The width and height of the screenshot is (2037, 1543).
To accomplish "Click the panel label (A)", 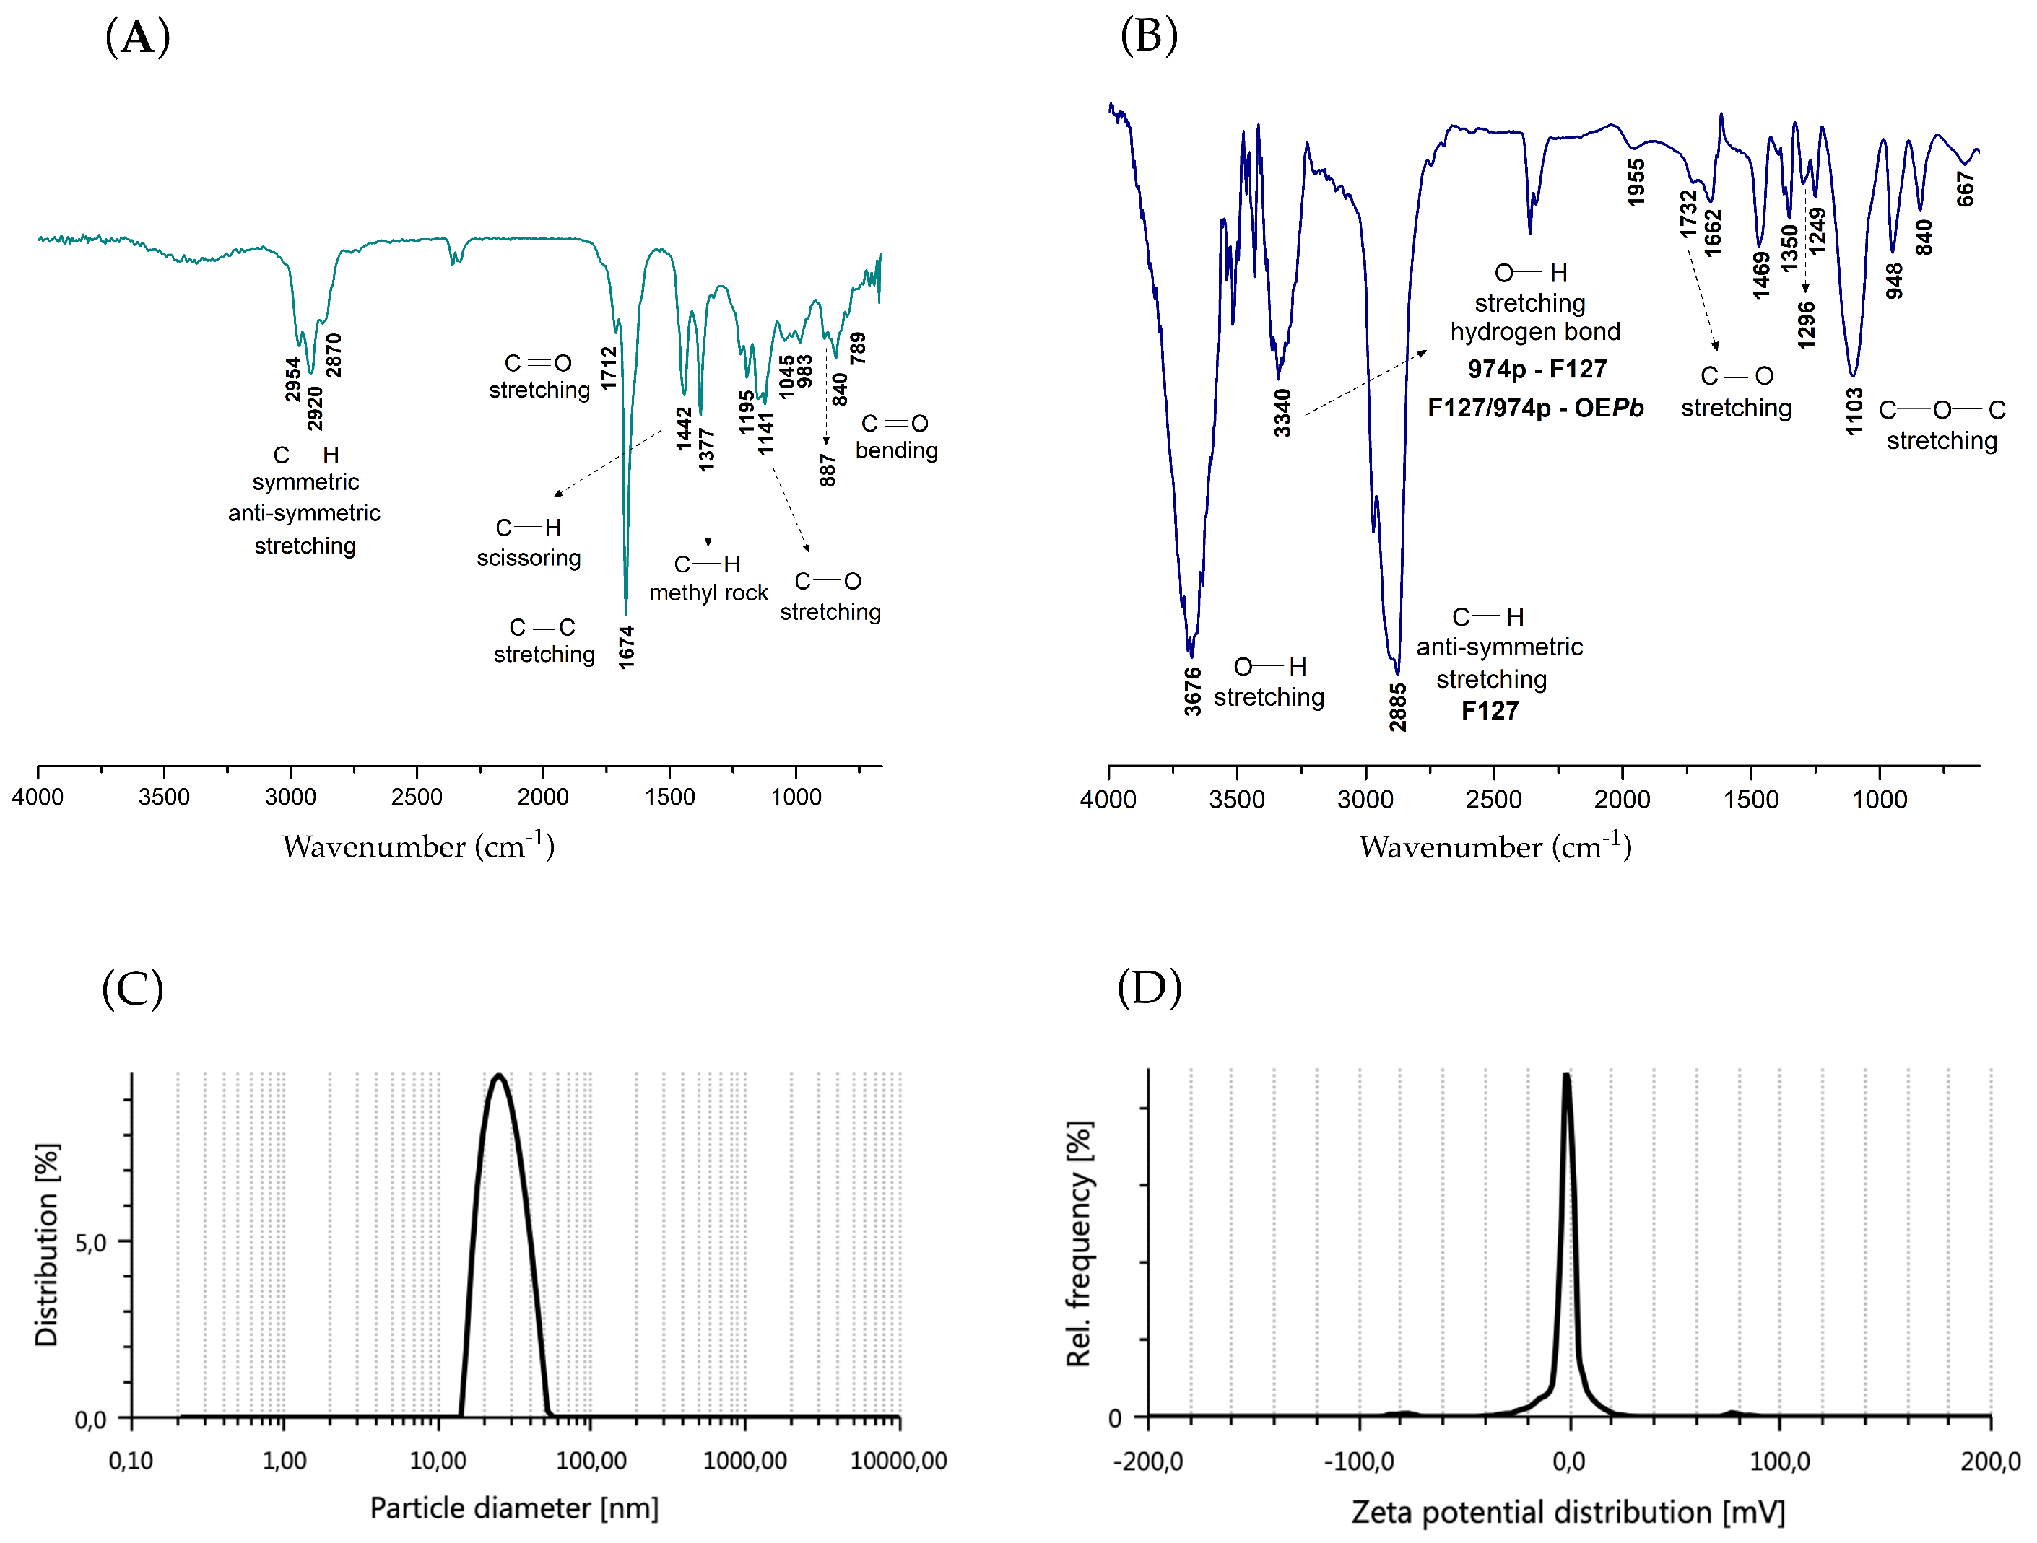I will (137, 39).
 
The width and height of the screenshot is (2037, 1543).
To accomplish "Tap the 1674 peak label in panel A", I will (626, 647).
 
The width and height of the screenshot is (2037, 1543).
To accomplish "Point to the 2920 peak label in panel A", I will (315, 408).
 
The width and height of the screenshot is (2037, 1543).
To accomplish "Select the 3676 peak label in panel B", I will (1193, 691).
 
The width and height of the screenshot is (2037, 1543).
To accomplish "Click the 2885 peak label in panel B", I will (1398, 707).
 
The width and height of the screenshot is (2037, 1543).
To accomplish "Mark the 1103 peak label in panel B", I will (1854, 411).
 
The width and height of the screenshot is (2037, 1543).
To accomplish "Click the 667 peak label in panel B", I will (1966, 189).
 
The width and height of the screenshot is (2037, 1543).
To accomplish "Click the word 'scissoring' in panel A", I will (529, 558).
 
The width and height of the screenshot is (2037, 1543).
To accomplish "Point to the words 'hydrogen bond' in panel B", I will (1535, 331).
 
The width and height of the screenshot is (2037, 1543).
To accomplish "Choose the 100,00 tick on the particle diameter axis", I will (591, 1460).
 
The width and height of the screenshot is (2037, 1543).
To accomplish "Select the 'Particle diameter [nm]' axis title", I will (514, 1508).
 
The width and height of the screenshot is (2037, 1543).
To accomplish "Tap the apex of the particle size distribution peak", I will (498, 1075).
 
